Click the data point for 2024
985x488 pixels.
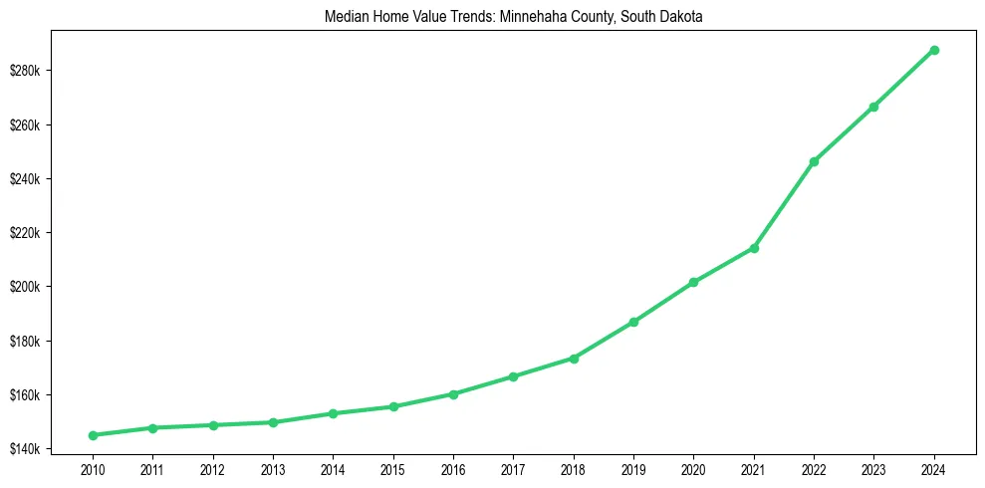point(934,50)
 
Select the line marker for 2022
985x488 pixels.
point(814,161)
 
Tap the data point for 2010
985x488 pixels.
point(93,435)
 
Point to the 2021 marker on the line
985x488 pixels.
point(754,248)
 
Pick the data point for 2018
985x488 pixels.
point(574,358)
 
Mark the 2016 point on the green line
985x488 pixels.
point(453,394)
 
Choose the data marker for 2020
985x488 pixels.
point(693,283)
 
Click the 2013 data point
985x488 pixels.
point(273,422)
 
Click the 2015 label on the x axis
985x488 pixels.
point(393,467)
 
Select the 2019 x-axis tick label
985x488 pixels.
point(633,467)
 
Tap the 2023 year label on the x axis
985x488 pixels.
point(873,467)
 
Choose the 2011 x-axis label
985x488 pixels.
point(152,467)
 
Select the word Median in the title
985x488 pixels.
point(344,18)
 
